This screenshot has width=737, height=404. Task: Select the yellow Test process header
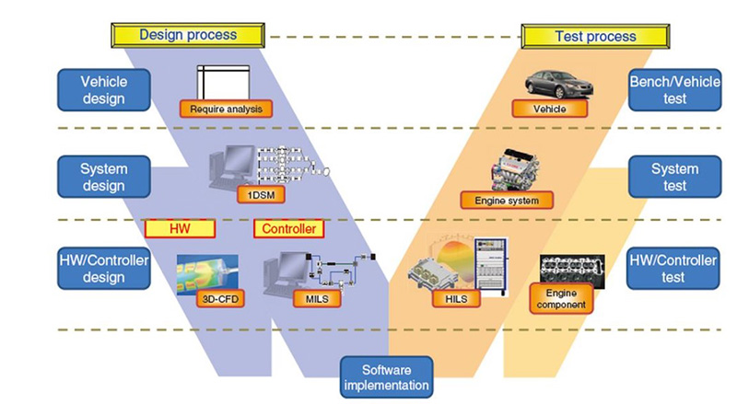pos(595,36)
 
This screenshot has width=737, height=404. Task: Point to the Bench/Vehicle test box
pos(671,89)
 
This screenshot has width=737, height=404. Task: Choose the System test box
pos(671,177)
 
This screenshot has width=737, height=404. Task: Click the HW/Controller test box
pos(671,268)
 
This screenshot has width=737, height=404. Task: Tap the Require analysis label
pos(227,110)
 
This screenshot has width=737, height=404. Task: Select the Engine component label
pos(559,298)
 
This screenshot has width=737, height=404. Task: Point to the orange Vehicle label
pos(548,109)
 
